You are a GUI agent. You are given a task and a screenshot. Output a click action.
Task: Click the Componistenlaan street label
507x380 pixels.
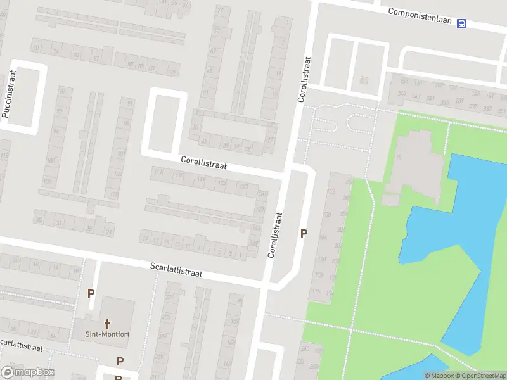click(420, 16)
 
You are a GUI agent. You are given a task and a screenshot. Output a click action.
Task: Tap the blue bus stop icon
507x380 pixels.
click(462, 24)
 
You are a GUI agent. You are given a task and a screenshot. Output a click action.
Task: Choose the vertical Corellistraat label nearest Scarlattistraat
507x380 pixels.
click(274, 234)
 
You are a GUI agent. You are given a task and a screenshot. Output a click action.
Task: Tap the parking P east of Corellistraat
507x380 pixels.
click(304, 233)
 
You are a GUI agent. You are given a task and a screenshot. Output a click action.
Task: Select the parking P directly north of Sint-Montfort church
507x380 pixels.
click(91, 293)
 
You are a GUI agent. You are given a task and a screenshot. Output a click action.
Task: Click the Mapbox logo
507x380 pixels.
click(28, 372)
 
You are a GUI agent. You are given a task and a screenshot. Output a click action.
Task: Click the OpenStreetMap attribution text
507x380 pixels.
click(480, 376)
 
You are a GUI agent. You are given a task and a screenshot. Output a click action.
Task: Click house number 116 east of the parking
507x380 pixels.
click(316, 291)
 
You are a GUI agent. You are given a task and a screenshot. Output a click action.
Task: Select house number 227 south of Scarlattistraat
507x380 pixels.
click(169, 296)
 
